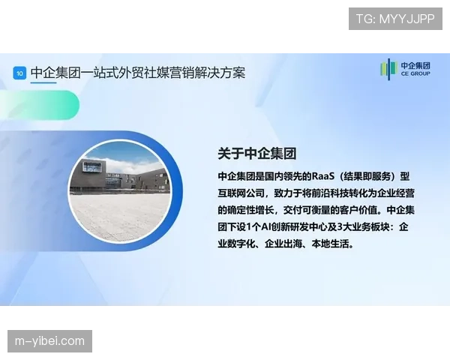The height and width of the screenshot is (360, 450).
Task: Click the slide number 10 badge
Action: coord(19,73)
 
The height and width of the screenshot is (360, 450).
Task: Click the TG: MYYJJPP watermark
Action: coord(395,19)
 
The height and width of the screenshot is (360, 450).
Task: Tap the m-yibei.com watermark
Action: coord(50,341)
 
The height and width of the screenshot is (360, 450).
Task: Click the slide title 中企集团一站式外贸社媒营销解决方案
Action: coord(138,73)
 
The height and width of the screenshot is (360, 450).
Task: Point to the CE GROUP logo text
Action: coord(415,75)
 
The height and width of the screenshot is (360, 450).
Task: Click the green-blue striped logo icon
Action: coord(388,70)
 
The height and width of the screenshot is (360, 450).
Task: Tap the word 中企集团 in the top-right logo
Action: coord(416,65)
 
